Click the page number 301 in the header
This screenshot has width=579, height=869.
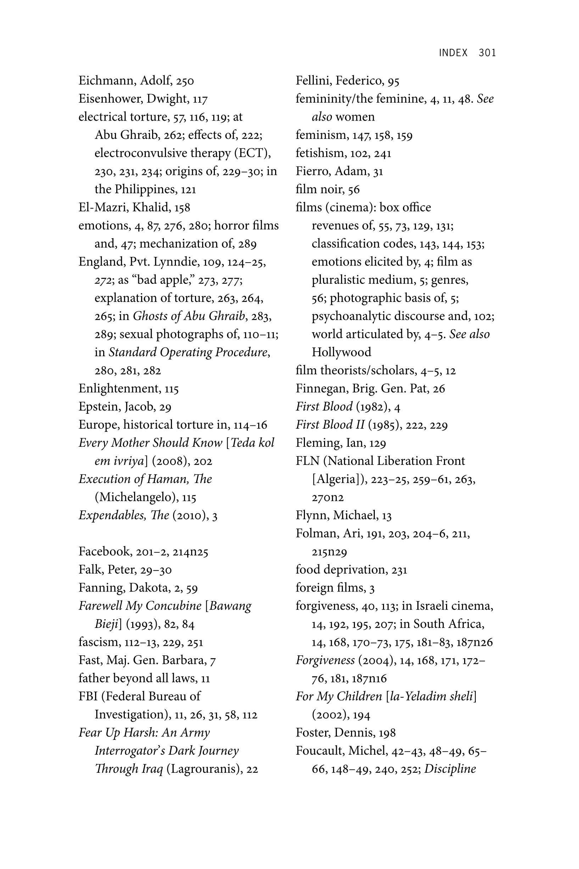pos(487,53)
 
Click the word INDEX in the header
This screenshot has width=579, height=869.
pos(453,53)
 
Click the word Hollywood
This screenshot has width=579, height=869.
pos(341,352)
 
